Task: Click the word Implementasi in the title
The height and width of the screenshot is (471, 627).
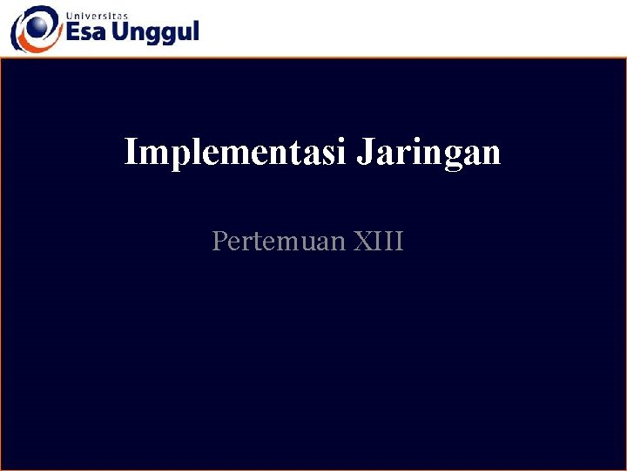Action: point(236,152)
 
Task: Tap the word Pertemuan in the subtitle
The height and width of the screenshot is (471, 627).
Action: point(280,241)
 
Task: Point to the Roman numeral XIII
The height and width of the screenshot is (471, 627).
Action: point(379,241)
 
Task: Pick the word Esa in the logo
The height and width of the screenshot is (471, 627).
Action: point(87,32)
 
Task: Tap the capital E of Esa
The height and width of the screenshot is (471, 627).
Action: point(74,32)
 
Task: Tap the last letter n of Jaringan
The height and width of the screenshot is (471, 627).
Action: point(492,154)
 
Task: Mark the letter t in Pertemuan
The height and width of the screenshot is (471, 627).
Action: point(254,241)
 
